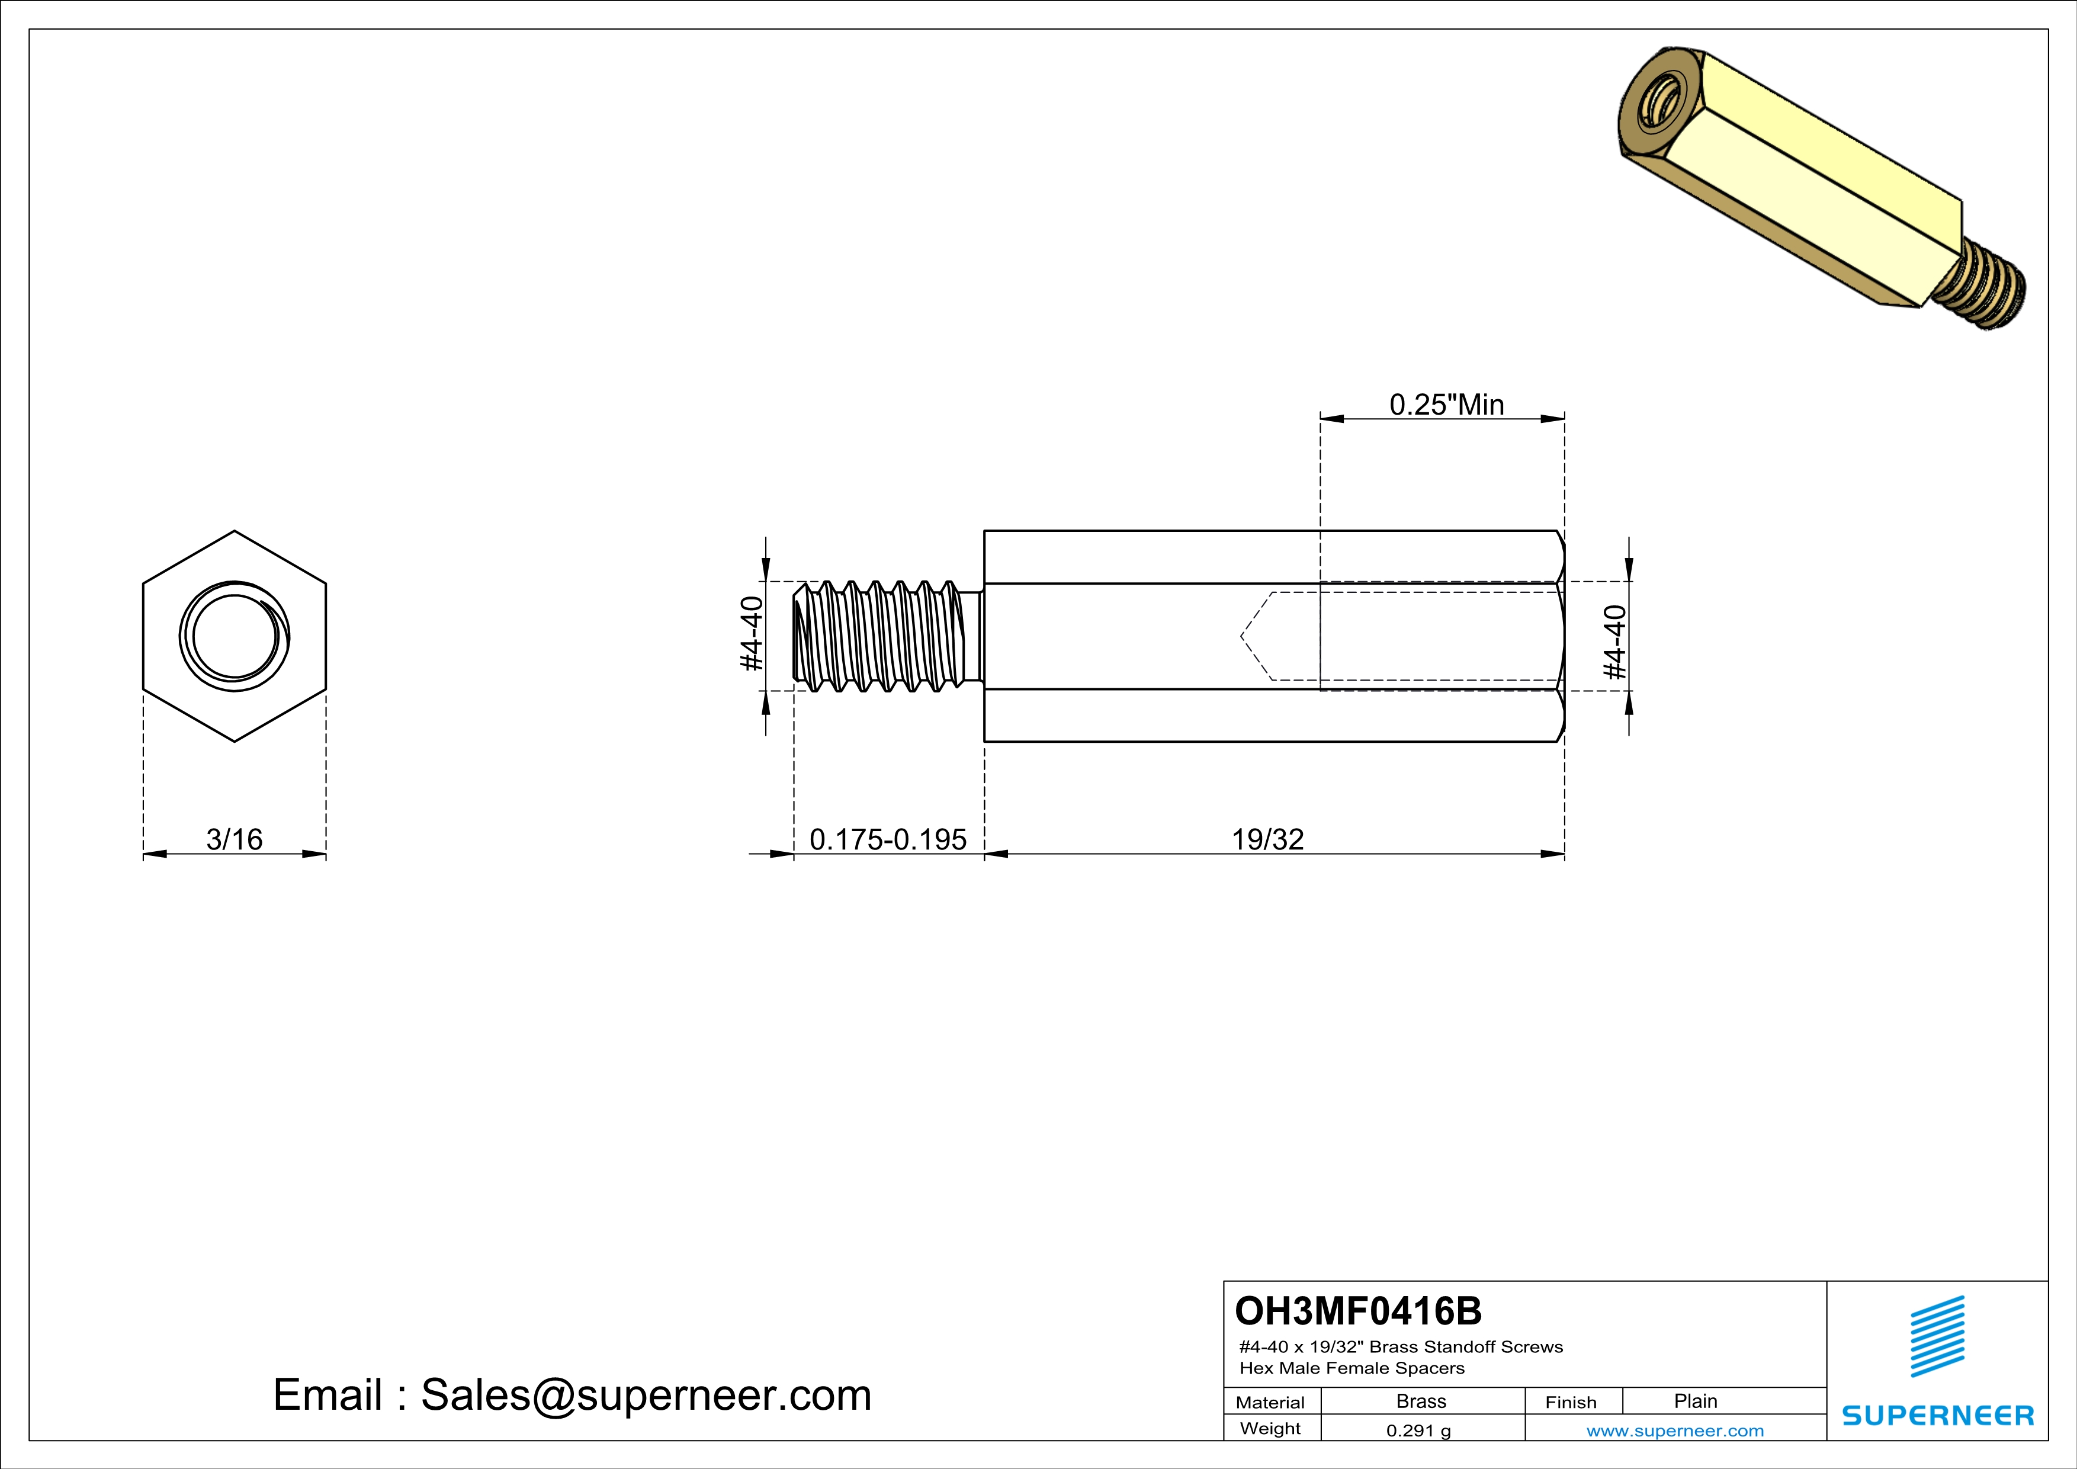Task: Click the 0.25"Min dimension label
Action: [1446, 405]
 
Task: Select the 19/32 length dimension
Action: [1267, 839]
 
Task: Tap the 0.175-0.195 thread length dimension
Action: [887, 839]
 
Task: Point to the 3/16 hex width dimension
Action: [235, 839]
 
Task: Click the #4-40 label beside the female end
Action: [1614, 642]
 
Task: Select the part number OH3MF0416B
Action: [1358, 1311]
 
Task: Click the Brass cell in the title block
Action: [1421, 1401]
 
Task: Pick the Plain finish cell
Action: [1695, 1401]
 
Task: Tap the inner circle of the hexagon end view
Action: [235, 636]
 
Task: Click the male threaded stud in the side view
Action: [882, 636]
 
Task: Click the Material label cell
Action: [1270, 1402]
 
